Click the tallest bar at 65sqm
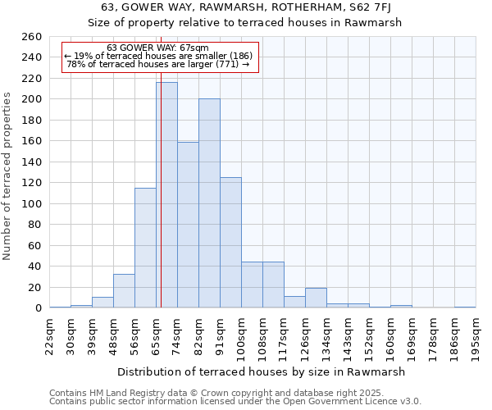tap(166, 195)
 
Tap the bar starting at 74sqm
tap(188, 225)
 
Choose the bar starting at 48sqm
tap(124, 291)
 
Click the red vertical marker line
tap(162, 164)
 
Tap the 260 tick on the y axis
tap(32, 37)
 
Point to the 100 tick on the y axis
tap(32, 204)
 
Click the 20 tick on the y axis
tap(35, 288)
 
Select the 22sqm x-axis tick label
tap(49, 334)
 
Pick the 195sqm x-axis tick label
tap(476, 334)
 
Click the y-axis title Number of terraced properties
tap(7, 176)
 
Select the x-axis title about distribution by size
tap(262, 371)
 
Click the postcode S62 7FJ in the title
tap(358, 7)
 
